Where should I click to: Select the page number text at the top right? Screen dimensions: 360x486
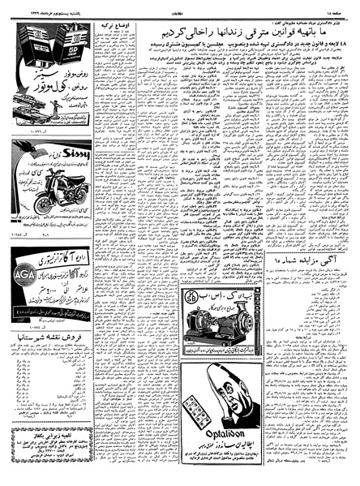tap(335, 9)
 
